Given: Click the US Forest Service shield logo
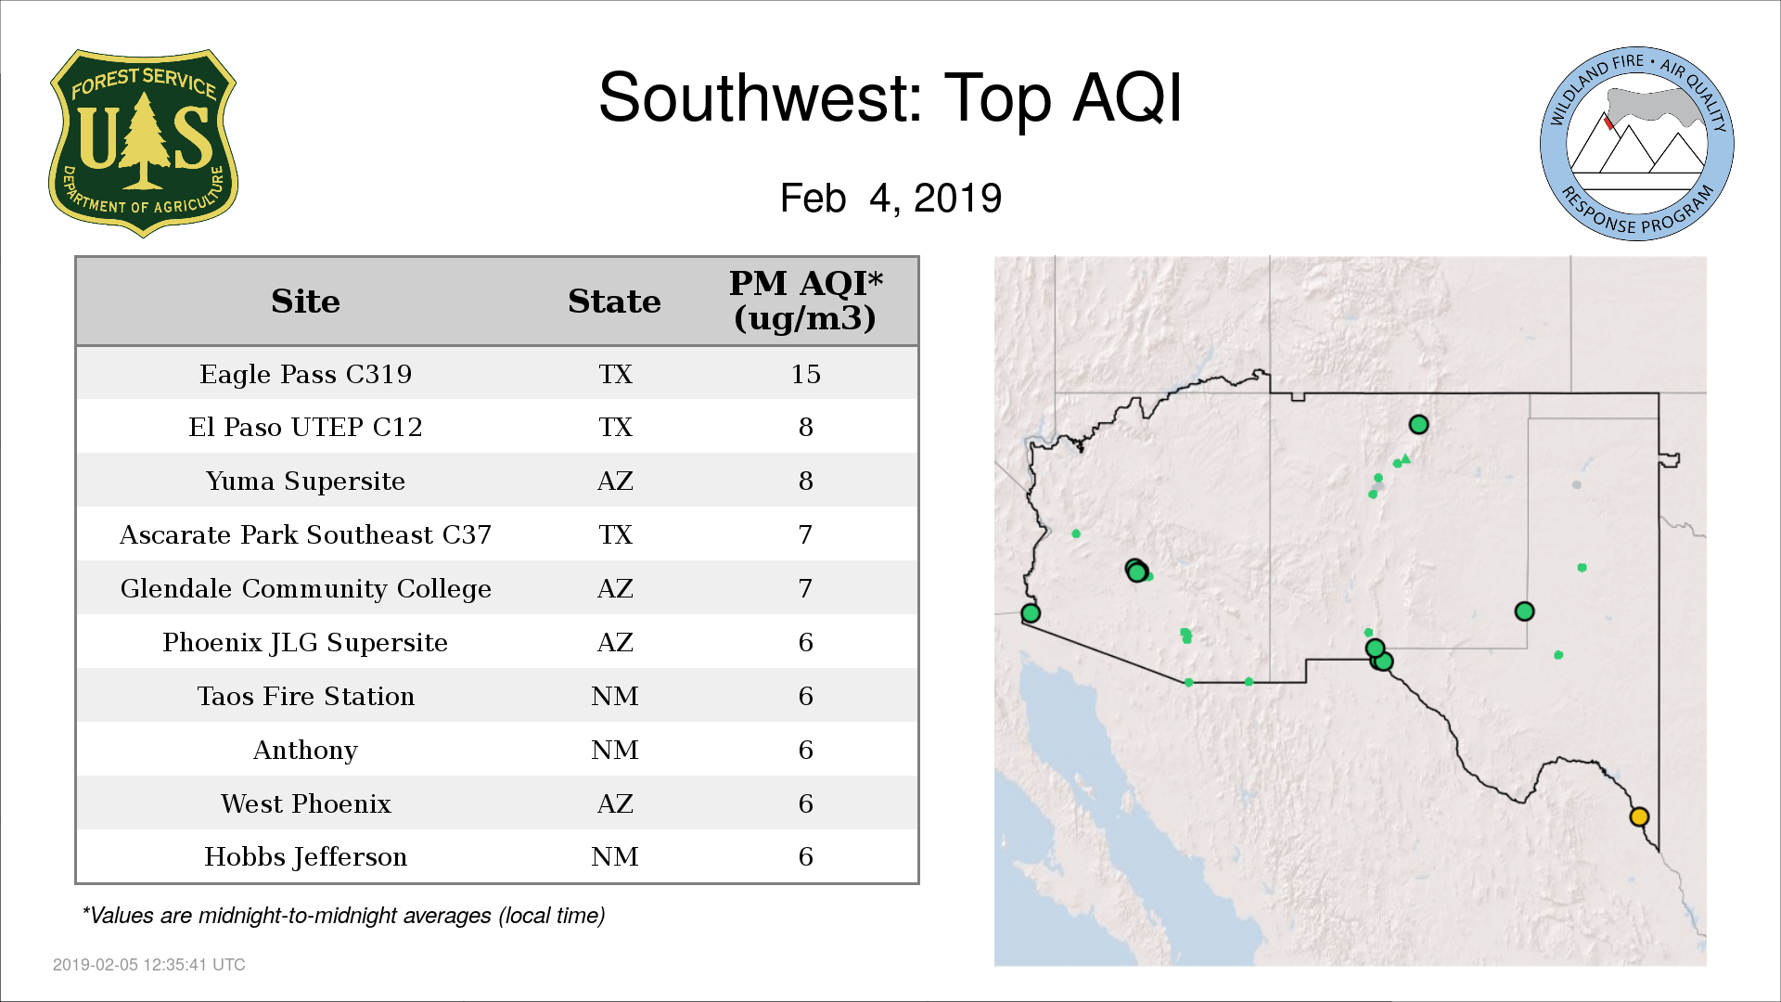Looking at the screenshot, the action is pos(143,143).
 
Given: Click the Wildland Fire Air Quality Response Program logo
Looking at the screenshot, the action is pos(1637,144).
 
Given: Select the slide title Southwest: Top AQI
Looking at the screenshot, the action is pos(890,97).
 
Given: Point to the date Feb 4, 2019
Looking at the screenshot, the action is pos(890,198).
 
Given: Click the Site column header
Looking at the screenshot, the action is pos(305,302).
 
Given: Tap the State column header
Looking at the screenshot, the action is pos(614,302).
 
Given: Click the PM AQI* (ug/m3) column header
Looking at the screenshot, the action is pos(805,301).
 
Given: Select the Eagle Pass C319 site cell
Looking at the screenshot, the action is pos(305,374).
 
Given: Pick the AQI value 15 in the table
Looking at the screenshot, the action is pos(805,374).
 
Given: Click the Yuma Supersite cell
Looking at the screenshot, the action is pos(305,482).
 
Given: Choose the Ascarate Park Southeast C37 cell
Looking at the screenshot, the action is pos(305,535).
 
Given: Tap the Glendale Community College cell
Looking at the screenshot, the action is pos(305,589).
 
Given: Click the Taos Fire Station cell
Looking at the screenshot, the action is pos(305,697).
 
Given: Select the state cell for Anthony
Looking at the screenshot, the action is pos(614,750).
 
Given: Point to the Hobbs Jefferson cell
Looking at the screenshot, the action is pos(305,857).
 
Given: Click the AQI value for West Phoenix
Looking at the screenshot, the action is pos(805,803).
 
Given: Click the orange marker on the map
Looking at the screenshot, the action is pos(1639,816).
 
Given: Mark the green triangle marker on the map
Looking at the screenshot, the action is pos(1406,458).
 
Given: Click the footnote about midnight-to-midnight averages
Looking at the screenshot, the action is pos(343,916).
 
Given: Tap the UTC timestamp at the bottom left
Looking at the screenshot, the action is pos(148,965).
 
